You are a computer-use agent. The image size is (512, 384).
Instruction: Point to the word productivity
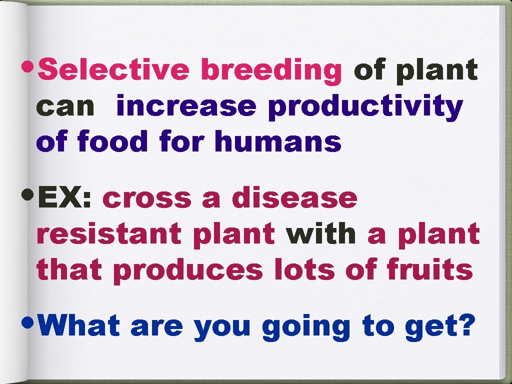365,107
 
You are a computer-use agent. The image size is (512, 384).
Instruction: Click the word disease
294,198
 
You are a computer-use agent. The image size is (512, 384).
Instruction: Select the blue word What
79,326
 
